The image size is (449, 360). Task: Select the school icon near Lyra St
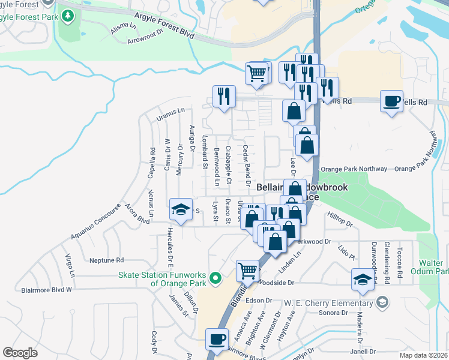(x=181, y=209)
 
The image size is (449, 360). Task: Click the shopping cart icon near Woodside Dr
(x=247, y=271)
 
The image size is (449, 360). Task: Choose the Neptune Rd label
(x=106, y=260)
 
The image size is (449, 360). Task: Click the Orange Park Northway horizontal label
(x=354, y=169)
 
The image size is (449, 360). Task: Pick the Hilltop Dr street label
(x=340, y=218)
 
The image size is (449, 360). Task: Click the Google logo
(x=20, y=353)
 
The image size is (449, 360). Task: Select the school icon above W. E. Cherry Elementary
(x=363, y=279)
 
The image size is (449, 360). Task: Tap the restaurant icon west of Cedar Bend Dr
(x=224, y=96)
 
